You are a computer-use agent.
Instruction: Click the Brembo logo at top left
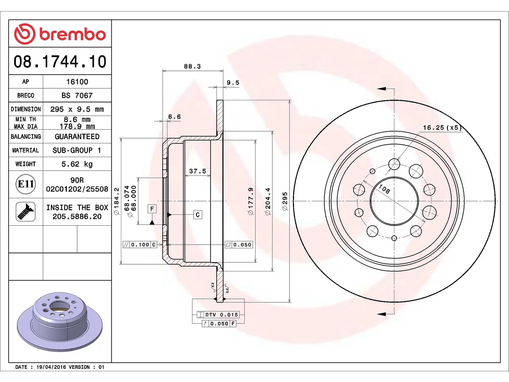[60, 34]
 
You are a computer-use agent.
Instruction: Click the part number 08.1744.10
[60, 61]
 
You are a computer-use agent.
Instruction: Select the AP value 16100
[77, 82]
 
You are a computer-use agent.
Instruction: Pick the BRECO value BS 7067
[77, 95]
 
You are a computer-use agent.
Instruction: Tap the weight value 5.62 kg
[77, 164]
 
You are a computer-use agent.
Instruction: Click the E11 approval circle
[26, 184]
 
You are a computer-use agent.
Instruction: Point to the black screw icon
[25, 212]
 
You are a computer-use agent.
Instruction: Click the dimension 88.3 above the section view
[192, 66]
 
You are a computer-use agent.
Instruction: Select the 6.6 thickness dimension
[175, 117]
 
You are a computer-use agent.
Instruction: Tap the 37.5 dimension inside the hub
[198, 171]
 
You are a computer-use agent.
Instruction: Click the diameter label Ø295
[285, 201]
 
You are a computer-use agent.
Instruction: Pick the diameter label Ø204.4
[268, 201]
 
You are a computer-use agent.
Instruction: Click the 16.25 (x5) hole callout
[442, 128]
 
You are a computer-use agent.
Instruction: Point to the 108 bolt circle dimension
[384, 189]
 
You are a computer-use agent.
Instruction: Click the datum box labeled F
[152, 209]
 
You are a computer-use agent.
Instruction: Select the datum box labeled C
[198, 215]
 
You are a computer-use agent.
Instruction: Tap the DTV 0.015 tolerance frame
[218, 315]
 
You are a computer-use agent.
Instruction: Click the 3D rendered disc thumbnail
[60, 322]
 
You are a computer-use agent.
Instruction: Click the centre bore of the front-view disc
[394, 201]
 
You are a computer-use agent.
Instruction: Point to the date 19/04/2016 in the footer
[51, 367]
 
